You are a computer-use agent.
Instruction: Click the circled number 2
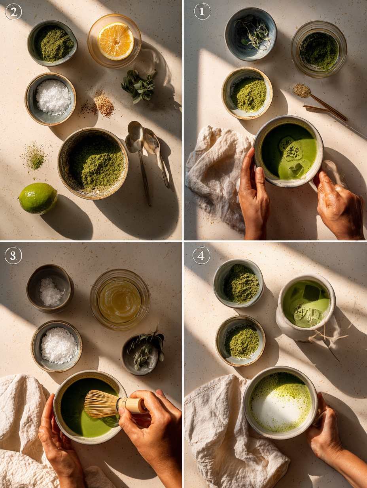[x=13, y=12]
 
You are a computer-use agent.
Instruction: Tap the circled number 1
[x=202, y=11]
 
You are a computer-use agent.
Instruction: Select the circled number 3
[x=13, y=255]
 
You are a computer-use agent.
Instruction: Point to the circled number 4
[x=201, y=255]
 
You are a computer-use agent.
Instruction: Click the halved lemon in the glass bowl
[x=115, y=41]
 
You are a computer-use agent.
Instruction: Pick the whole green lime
[x=38, y=198]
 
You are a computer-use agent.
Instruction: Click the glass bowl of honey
[x=119, y=300]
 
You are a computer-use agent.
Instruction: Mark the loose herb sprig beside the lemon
[x=138, y=86]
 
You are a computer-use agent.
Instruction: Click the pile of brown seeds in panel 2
[x=104, y=105]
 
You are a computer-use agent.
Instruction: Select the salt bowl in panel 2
[x=51, y=98]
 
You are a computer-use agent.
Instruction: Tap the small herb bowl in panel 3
[x=140, y=354]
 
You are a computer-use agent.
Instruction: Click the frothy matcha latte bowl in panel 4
[x=280, y=402]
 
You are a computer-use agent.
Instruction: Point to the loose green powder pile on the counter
[x=35, y=157]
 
